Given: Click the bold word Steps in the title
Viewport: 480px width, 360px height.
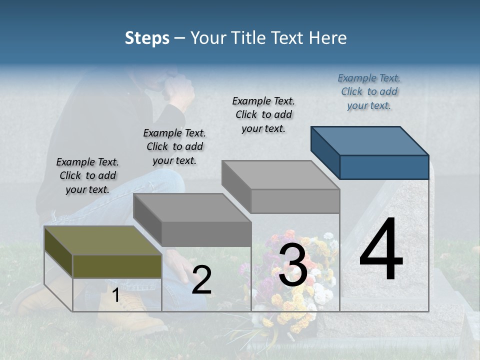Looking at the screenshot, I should [147, 38].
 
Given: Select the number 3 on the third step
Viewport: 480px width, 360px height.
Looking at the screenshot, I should [292, 266].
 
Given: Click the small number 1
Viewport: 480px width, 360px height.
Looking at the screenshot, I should [115, 295].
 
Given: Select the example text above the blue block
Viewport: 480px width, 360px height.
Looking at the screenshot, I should [369, 92].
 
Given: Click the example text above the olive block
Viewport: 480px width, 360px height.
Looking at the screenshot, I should [87, 175].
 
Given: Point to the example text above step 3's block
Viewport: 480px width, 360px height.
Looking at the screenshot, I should [263, 114].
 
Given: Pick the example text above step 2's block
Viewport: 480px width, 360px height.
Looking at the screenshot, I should [174, 146].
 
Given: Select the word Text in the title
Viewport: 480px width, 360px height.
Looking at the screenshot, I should [289, 38].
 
